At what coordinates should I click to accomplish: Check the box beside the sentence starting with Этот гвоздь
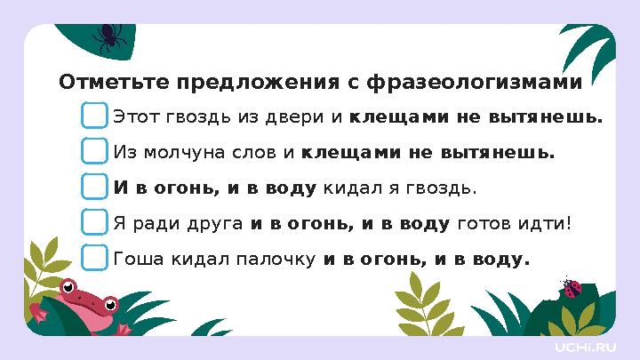94,116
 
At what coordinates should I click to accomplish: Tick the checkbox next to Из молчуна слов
94,152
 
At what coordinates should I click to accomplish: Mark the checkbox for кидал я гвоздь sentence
94,188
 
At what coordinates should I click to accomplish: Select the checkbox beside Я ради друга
94,222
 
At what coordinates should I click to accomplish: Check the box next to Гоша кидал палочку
94,258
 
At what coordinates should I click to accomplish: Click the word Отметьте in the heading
114,83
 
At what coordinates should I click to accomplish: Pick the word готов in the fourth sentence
480,223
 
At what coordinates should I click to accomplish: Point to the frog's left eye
68,287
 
